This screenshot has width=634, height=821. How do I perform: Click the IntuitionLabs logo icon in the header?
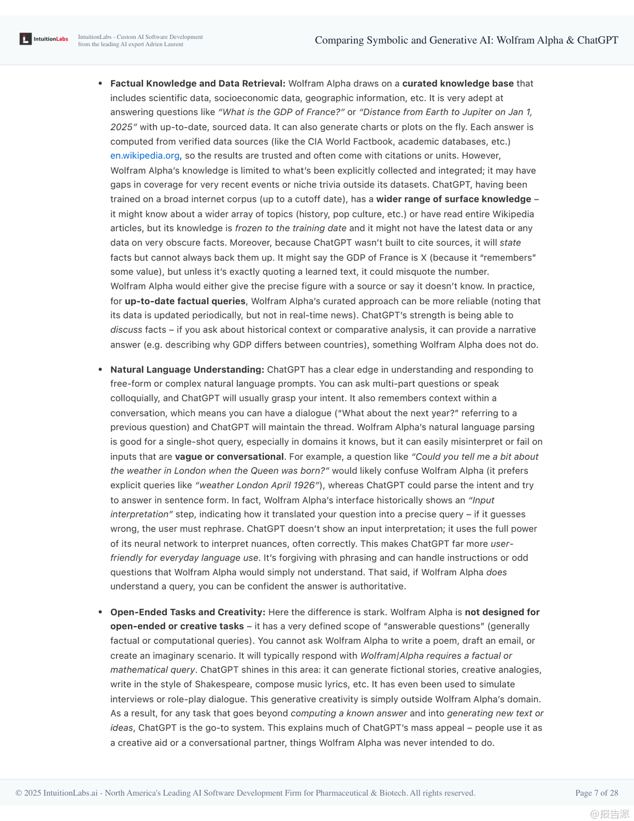(x=26, y=39)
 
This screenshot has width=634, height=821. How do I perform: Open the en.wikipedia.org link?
(x=144, y=155)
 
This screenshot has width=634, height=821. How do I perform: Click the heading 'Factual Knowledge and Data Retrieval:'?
(x=197, y=83)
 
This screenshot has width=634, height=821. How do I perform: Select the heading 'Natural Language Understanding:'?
(x=187, y=369)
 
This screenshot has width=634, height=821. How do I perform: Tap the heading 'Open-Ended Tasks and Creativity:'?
(x=188, y=612)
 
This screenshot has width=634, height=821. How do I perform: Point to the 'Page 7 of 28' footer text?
(x=596, y=793)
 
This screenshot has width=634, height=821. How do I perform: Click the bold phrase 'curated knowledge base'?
(x=457, y=83)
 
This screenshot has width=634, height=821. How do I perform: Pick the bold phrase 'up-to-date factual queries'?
(x=185, y=301)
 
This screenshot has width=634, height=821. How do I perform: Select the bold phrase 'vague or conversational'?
(x=229, y=456)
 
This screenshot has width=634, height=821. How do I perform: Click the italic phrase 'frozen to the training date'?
(x=290, y=228)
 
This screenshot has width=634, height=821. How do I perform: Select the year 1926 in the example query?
(x=304, y=485)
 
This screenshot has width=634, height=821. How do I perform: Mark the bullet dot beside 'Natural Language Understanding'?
(x=100, y=369)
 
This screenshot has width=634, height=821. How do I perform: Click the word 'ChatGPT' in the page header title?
(x=597, y=40)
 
